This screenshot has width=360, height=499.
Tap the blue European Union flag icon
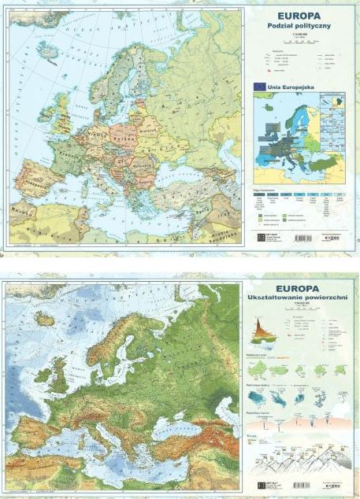click(x=258, y=86)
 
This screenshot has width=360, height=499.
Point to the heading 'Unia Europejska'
click(x=287, y=86)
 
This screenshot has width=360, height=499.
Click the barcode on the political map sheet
click(x=305, y=237)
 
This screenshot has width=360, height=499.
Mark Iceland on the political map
click(x=50, y=50)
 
